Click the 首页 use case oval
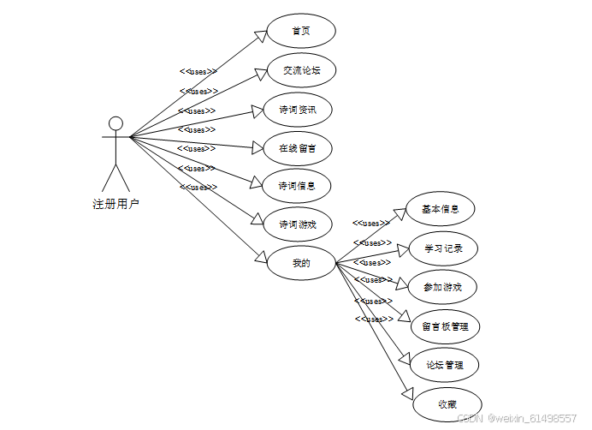[x=300, y=31]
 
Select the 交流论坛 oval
[x=300, y=70]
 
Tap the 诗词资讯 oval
[x=297, y=110]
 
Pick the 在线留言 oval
[x=297, y=148]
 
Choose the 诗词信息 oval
[x=297, y=185]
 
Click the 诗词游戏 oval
[x=297, y=224]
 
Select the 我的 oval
[x=301, y=263]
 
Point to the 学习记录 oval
[x=442, y=248]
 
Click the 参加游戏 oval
[x=442, y=287]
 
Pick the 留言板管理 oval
[x=445, y=326]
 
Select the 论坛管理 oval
[x=445, y=365]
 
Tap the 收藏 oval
[x=447, y=404]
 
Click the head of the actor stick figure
[x=115, y=123]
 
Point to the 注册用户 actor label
[x=115, y=204]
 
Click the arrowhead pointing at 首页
[x=261, y=35]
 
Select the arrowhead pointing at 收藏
[x=408, y=392]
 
